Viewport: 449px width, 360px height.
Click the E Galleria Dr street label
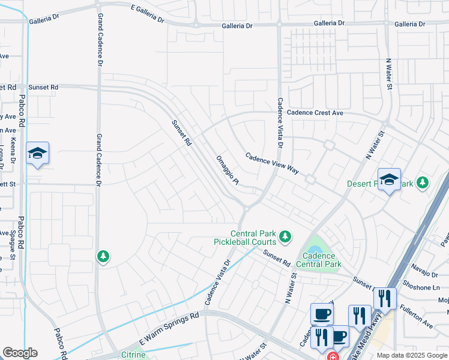point(139,13)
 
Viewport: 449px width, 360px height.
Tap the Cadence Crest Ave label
point(315,113)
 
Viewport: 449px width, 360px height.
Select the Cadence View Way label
point(272,163)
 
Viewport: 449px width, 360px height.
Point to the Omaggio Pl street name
point(228,170)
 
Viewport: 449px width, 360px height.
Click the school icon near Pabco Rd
point(37,154)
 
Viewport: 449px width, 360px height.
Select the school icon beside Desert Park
point(388,179)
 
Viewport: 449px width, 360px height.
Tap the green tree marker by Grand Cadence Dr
point(103,257)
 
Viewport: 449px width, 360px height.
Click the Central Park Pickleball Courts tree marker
point(285,238)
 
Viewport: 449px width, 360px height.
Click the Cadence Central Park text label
point(319,260)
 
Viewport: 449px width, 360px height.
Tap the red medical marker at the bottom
point(331,355)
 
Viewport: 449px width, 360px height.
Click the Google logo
point(19,353)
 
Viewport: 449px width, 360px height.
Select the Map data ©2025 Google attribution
point(411,355)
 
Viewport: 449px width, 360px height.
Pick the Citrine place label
point(133,355)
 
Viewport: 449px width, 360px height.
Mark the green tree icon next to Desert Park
point(423,182)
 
